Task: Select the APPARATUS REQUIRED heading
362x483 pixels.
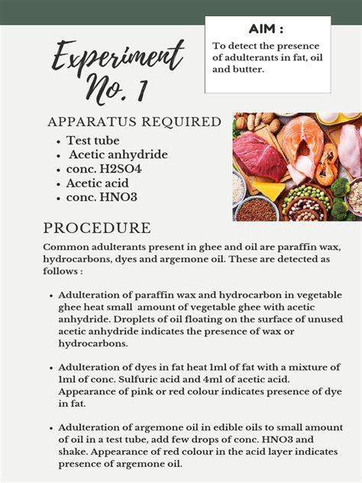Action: (x=134, y=122)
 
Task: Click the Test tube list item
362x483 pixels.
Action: (x=92, y=141)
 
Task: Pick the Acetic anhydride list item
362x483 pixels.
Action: (x=118, y=155)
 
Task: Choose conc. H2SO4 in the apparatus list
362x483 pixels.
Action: (x=104, y=169)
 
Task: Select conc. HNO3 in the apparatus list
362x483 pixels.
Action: (x=102, y=197)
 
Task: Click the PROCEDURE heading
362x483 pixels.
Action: (x=97, y=228)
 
